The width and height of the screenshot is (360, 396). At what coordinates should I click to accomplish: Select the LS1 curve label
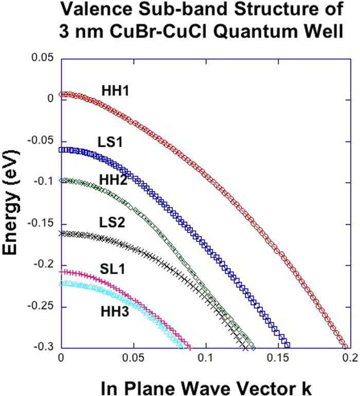pyautogui.click(x=110, y=140)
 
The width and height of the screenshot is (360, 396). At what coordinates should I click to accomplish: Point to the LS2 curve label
pyautogui.click(x=111, y=222)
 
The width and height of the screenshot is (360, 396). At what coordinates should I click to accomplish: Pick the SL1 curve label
pyautogui.click(x=111, y=268)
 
